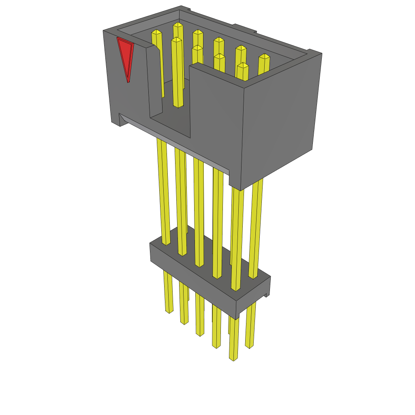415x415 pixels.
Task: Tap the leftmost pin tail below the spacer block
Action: coord(168,292)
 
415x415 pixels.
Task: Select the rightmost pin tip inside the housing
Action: coord(264,57)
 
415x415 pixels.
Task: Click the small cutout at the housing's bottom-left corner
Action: coord(120,119)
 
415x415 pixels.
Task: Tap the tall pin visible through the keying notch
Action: coord(177,73)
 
